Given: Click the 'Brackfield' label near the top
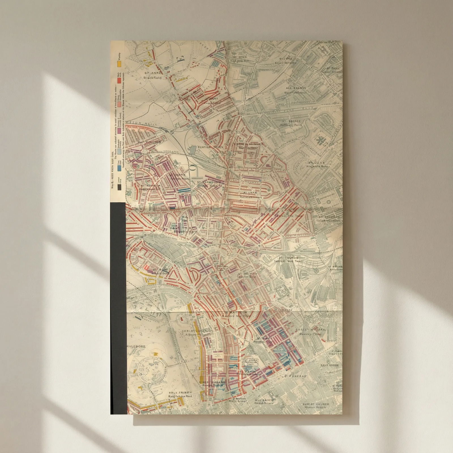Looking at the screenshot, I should coord(153,78).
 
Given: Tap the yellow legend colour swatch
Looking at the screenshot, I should coord(120,64).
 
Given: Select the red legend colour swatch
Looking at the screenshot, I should coord(120,80).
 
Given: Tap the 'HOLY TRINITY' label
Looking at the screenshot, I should coord(180,393).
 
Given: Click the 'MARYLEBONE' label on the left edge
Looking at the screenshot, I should coord(137,346).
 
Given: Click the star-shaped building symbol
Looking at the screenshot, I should coord(321,140).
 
